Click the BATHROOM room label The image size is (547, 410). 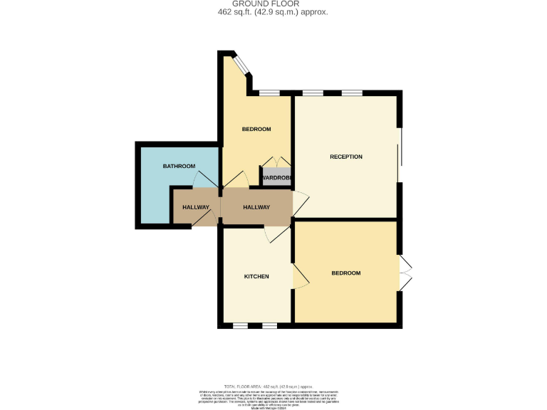coord(179,166)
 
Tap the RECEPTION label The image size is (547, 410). coord(346,157)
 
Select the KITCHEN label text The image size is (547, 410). coord(256,276)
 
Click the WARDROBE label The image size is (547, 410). coord(276,178)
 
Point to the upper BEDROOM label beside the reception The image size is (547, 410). coord(256,129)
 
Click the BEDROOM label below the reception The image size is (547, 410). coord(346,273)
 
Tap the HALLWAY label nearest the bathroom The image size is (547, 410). coord(196,207)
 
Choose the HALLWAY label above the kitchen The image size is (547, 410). coord(256,207)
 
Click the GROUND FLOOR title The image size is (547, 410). coord(273,4)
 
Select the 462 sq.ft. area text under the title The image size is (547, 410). coord(273,12)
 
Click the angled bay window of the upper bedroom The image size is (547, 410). coord(242,65)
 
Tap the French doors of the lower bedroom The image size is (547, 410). coord(405,273)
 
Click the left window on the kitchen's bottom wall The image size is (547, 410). coord(241,325)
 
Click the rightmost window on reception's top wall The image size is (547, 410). coord(351,93)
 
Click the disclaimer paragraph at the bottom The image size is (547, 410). coord(273,395)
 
